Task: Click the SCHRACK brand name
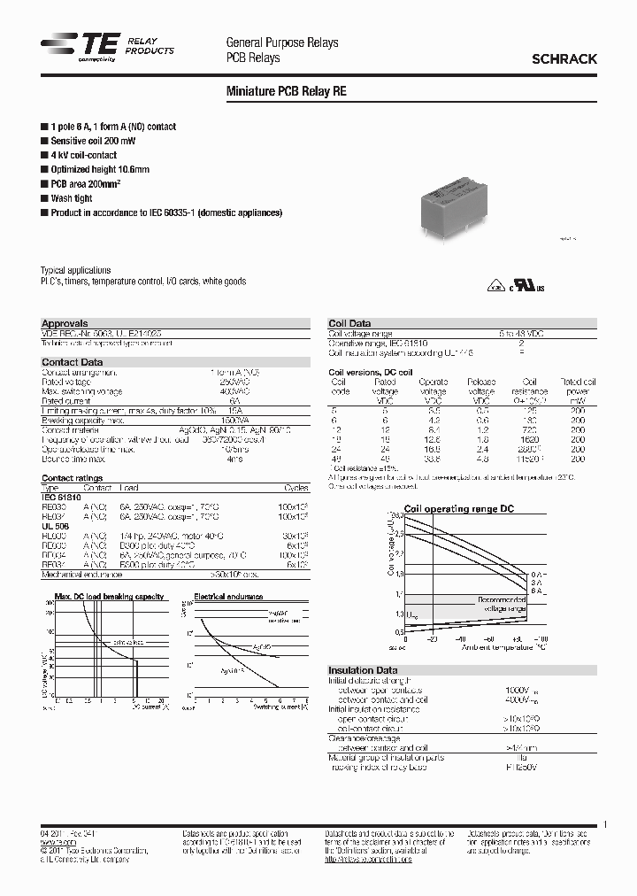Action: click(x=564, y=59)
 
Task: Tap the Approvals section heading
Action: click(x=65, y=323)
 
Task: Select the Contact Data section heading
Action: click(x=73, y=362)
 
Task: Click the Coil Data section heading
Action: click(x=349, y=323)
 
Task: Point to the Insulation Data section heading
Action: click(x=363, y=670)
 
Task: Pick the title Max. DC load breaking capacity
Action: click(x=98, y=597)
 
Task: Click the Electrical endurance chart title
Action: click(x=228, y=597)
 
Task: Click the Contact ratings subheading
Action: click(x=73, y=478)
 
